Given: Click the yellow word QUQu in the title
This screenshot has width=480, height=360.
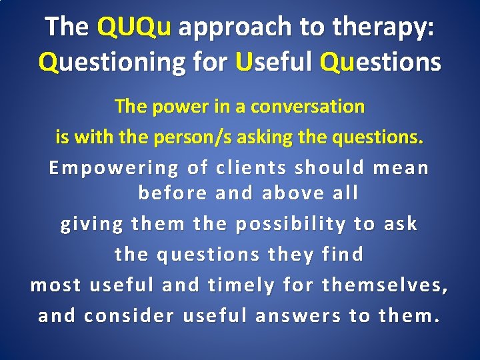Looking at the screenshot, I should (x=134, y=27).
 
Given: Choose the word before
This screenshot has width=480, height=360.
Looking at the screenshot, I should (x=171, y=193).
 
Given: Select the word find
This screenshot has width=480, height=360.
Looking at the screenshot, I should (x=343, y=254).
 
